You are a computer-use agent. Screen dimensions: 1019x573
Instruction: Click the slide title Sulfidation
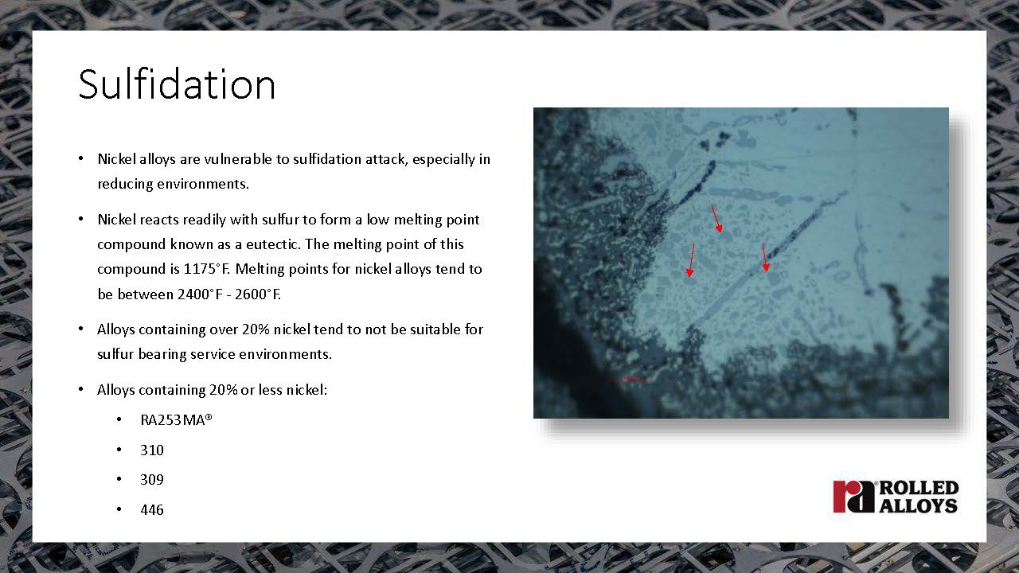177,84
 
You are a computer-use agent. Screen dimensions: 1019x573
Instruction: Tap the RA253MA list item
176,419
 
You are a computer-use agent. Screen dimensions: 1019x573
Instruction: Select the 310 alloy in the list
152,450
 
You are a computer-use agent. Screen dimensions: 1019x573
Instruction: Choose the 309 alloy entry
152,479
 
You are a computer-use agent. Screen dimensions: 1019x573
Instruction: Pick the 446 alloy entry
152,509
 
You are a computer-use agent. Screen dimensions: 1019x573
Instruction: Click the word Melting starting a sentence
260,269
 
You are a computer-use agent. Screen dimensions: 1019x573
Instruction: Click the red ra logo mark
853,497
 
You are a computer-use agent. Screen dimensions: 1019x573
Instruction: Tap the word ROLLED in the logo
919,488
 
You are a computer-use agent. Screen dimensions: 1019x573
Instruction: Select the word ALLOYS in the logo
919,505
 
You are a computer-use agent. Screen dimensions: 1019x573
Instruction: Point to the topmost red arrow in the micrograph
717,219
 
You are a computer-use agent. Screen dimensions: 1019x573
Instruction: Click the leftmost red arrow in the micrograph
692,259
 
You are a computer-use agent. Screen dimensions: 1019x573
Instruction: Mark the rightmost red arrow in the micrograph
765,257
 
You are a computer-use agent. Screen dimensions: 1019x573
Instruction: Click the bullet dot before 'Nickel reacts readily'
80,219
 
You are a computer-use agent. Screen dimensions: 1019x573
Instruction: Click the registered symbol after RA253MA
209,416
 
